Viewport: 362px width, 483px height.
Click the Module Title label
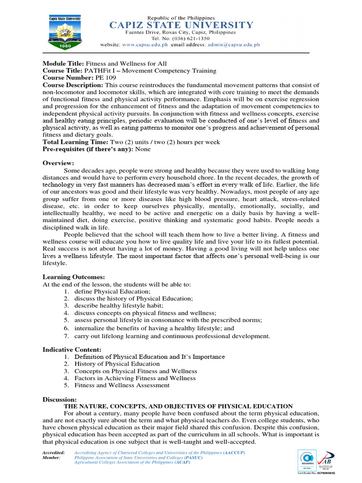(63, 64)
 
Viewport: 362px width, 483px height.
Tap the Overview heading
(58, 163)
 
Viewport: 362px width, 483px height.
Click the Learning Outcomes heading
(74, 277)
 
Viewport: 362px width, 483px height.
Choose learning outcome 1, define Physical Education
(106, 291)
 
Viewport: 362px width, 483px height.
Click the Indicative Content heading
(72, 350)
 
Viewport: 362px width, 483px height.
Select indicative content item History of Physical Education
(117, 364)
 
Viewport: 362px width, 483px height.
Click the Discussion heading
(59, 399)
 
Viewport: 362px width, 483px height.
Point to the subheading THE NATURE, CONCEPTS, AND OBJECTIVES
(178, 406)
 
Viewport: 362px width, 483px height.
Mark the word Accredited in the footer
(53, 452)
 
